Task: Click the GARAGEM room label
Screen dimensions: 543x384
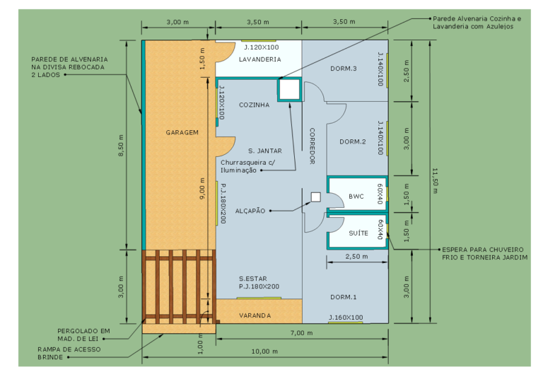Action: click(182, 132)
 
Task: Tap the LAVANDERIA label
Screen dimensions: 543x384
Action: click(259, 59)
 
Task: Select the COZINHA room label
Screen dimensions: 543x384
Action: click(255, 105)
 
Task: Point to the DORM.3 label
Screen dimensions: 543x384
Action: click(343, 69)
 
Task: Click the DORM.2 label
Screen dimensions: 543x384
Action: click(353, 141)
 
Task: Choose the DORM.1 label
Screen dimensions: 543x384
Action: click(343, 297)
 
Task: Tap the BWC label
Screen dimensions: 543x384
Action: click(356, 197)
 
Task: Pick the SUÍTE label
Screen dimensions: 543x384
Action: click(358, 233)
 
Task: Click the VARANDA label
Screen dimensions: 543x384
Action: click(255, 315)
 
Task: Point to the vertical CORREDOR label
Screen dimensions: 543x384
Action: click(312, 146)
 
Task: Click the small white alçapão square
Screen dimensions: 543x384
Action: click(315, 197)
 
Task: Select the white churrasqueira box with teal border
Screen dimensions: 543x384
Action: click(289, 90)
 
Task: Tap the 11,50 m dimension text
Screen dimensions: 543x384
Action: click(435, 181)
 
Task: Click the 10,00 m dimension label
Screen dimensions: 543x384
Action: click(264, 351)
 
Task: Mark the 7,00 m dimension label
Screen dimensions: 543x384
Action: click(301, 333)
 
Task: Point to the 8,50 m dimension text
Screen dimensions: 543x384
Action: click(121, 146)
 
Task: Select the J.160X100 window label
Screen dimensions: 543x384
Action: click(346, 318)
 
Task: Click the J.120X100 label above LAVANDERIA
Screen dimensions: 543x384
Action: click(262, 47)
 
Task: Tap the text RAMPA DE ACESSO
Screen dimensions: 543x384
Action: click(69, 349)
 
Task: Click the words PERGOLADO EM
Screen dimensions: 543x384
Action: click(83, 331)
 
